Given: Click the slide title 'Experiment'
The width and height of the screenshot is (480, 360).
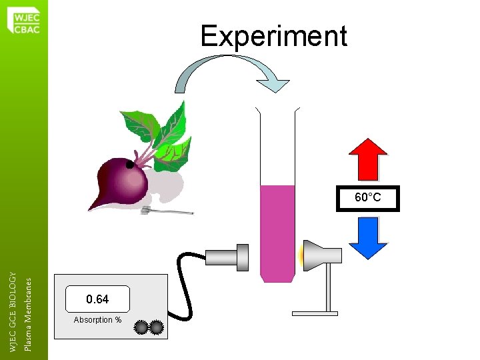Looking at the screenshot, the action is pyautogui.click(x=273, y=36).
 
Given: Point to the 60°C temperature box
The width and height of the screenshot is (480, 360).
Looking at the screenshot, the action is pyautogui.click(x=368, y=198).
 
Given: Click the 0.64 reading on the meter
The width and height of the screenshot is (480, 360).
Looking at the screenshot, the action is pyautogui.click(x=97, y=299).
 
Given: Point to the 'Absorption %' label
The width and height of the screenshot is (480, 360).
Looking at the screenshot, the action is pyautogui.click(x=97, y=320).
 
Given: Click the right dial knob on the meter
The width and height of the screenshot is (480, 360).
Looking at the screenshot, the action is pyautogui.click(x=157, y=327).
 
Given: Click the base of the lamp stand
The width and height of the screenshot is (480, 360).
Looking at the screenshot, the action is pyautogui.click(x=315, y=312).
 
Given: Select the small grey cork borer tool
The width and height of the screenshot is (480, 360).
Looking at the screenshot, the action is pyautogui.click(x=167, y=211).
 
